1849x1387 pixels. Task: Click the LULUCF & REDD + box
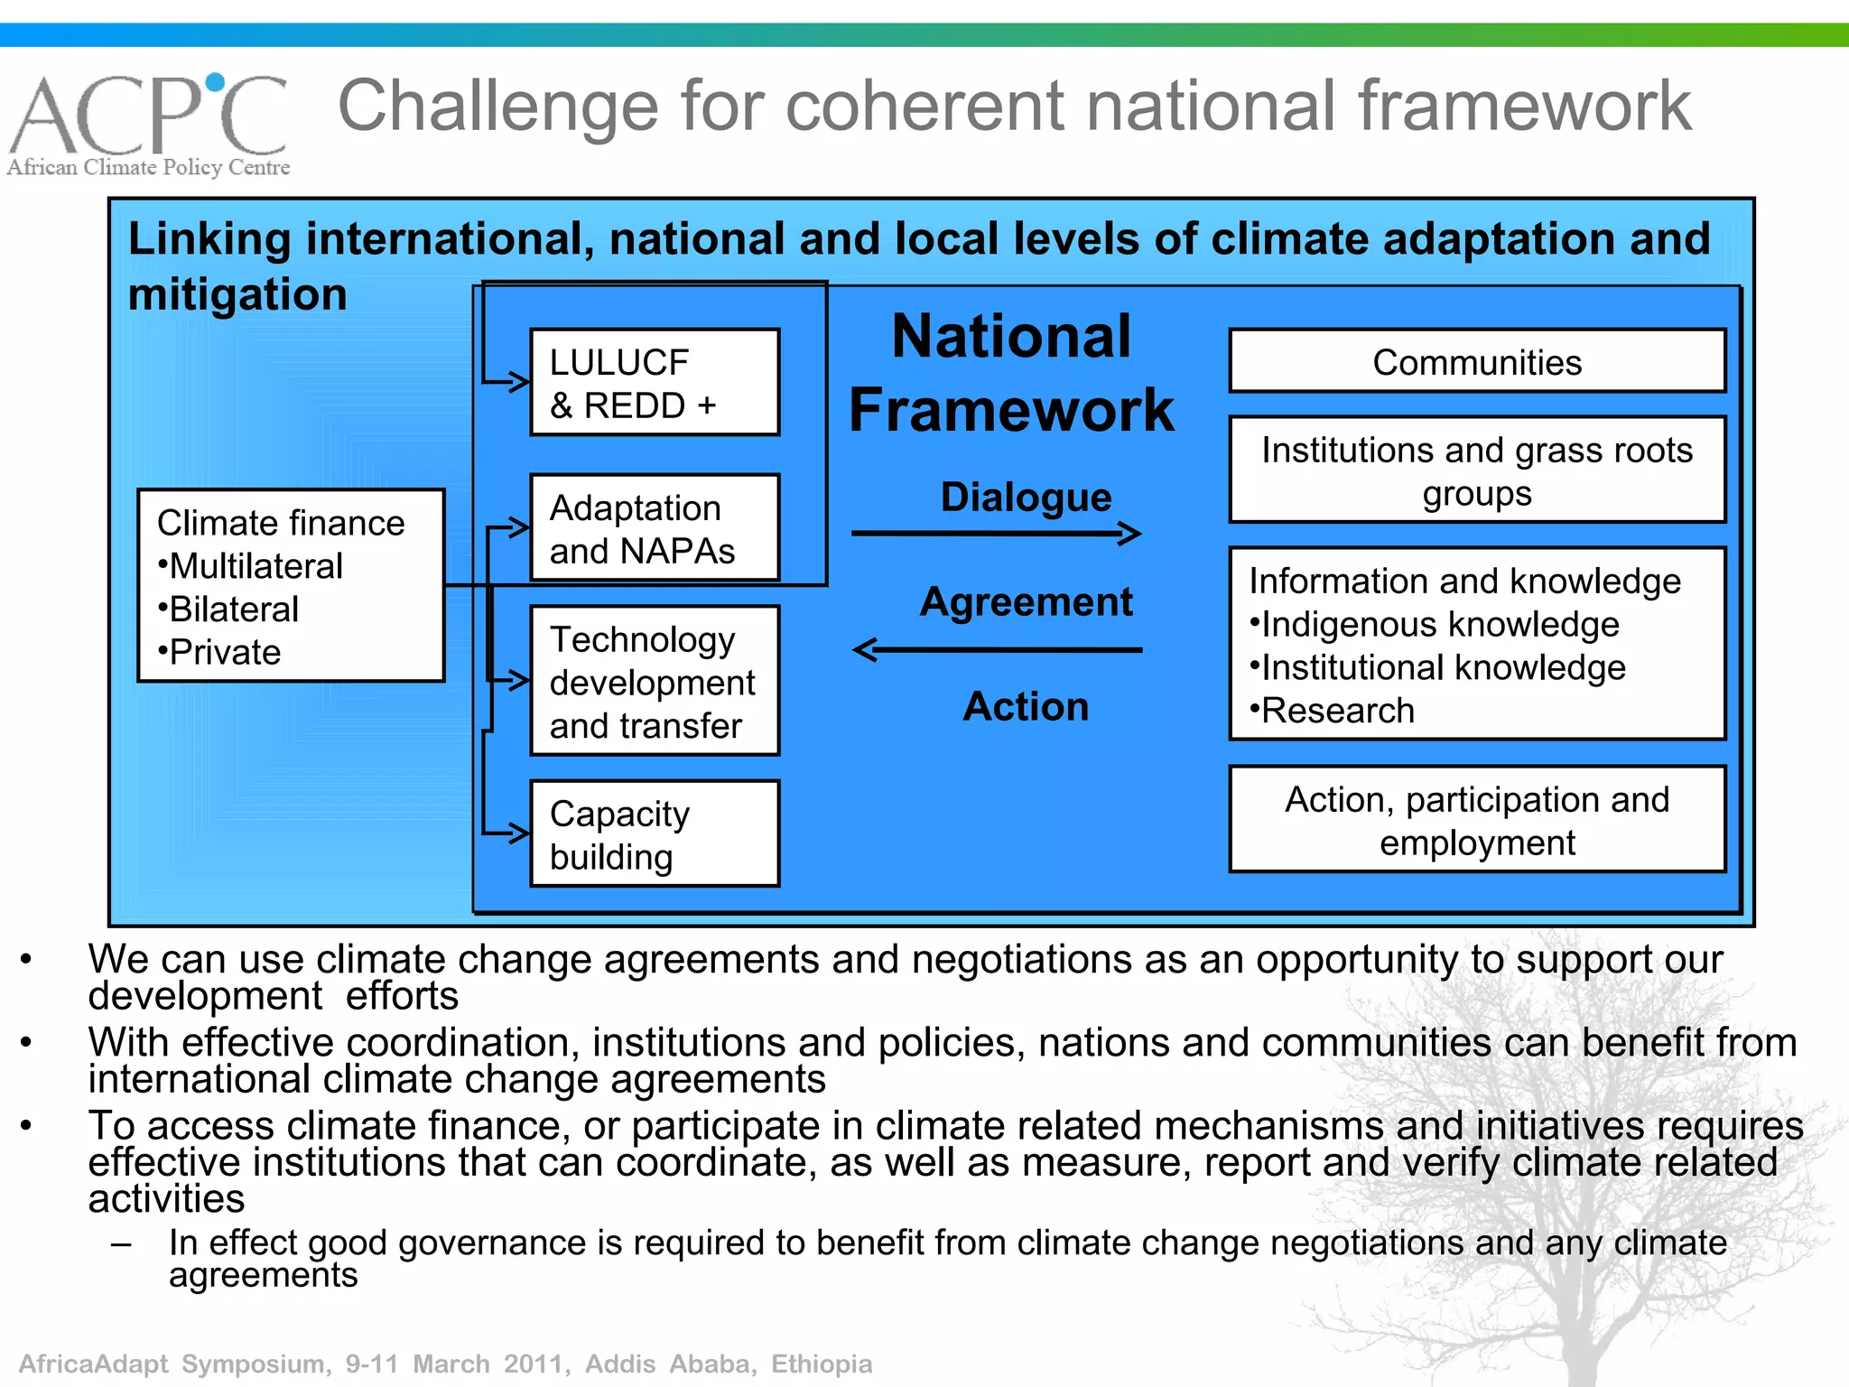click(655, 383)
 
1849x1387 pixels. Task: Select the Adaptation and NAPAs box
click(655, 528)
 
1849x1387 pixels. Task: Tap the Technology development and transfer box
click(655, 682)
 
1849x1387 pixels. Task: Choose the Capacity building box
click(655, 834)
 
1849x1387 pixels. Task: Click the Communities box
click(1477, 362)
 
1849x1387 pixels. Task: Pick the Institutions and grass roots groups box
click(1477, 470)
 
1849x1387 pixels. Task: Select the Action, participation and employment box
click(1477, 820)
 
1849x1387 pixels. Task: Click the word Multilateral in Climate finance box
click(256, 566)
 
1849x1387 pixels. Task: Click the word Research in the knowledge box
click(1337, 711)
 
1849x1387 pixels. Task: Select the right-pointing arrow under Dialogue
click(997, 534)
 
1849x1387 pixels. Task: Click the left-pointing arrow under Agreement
click(997, 649)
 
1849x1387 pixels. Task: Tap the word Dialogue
click(1026, 497)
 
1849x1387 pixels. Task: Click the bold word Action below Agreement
click(1026, 706)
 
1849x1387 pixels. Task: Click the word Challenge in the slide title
click(497, 107)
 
